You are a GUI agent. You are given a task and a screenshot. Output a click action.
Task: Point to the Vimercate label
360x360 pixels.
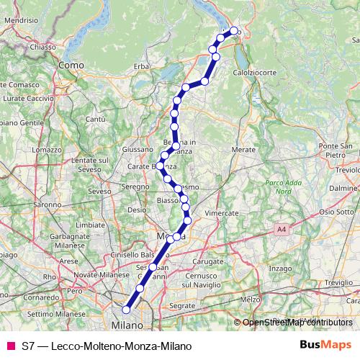(x=221, y=214)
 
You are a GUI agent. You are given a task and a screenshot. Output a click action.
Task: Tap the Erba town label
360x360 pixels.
(x=140, y=66)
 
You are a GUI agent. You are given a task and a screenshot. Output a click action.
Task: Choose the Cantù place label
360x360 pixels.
(x=96, y=118)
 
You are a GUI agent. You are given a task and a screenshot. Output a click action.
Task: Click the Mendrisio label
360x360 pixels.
(x=20, y=22)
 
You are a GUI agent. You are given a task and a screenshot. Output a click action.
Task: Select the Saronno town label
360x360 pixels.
(x=47, y=204)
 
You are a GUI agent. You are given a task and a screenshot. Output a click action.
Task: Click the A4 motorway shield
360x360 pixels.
(x=280, y=229)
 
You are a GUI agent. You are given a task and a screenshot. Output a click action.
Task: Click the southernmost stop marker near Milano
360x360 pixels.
(x=126, y=310)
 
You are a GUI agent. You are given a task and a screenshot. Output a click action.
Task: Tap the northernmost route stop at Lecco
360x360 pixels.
(x=233, y=30)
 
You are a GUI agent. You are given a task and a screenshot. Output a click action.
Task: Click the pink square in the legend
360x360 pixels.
(x=10, y=346)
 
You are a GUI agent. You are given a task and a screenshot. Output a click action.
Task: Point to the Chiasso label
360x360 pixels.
(x=43, y=47)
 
